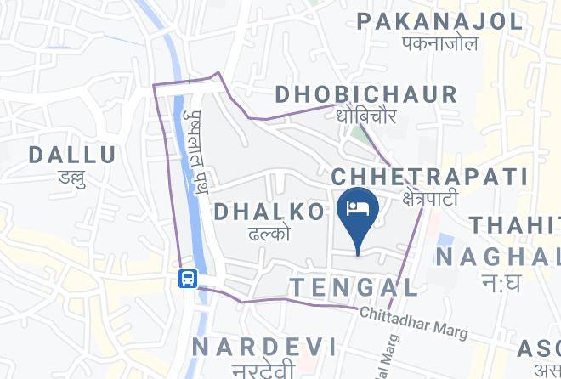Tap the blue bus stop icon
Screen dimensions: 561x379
187,278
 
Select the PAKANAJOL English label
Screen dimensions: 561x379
439,20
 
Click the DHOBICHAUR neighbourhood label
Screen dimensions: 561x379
366,93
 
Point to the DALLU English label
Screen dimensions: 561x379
72,155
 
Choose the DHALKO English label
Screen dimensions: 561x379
269,212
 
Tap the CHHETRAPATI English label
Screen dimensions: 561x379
429,178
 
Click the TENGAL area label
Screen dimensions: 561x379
354,286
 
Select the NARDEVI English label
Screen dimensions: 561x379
263,346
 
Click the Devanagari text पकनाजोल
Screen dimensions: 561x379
439,43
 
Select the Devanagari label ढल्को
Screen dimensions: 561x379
270,233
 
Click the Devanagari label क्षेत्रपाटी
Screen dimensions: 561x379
430,199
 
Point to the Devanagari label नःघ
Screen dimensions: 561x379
500,283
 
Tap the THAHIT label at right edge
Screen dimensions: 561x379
515,226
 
